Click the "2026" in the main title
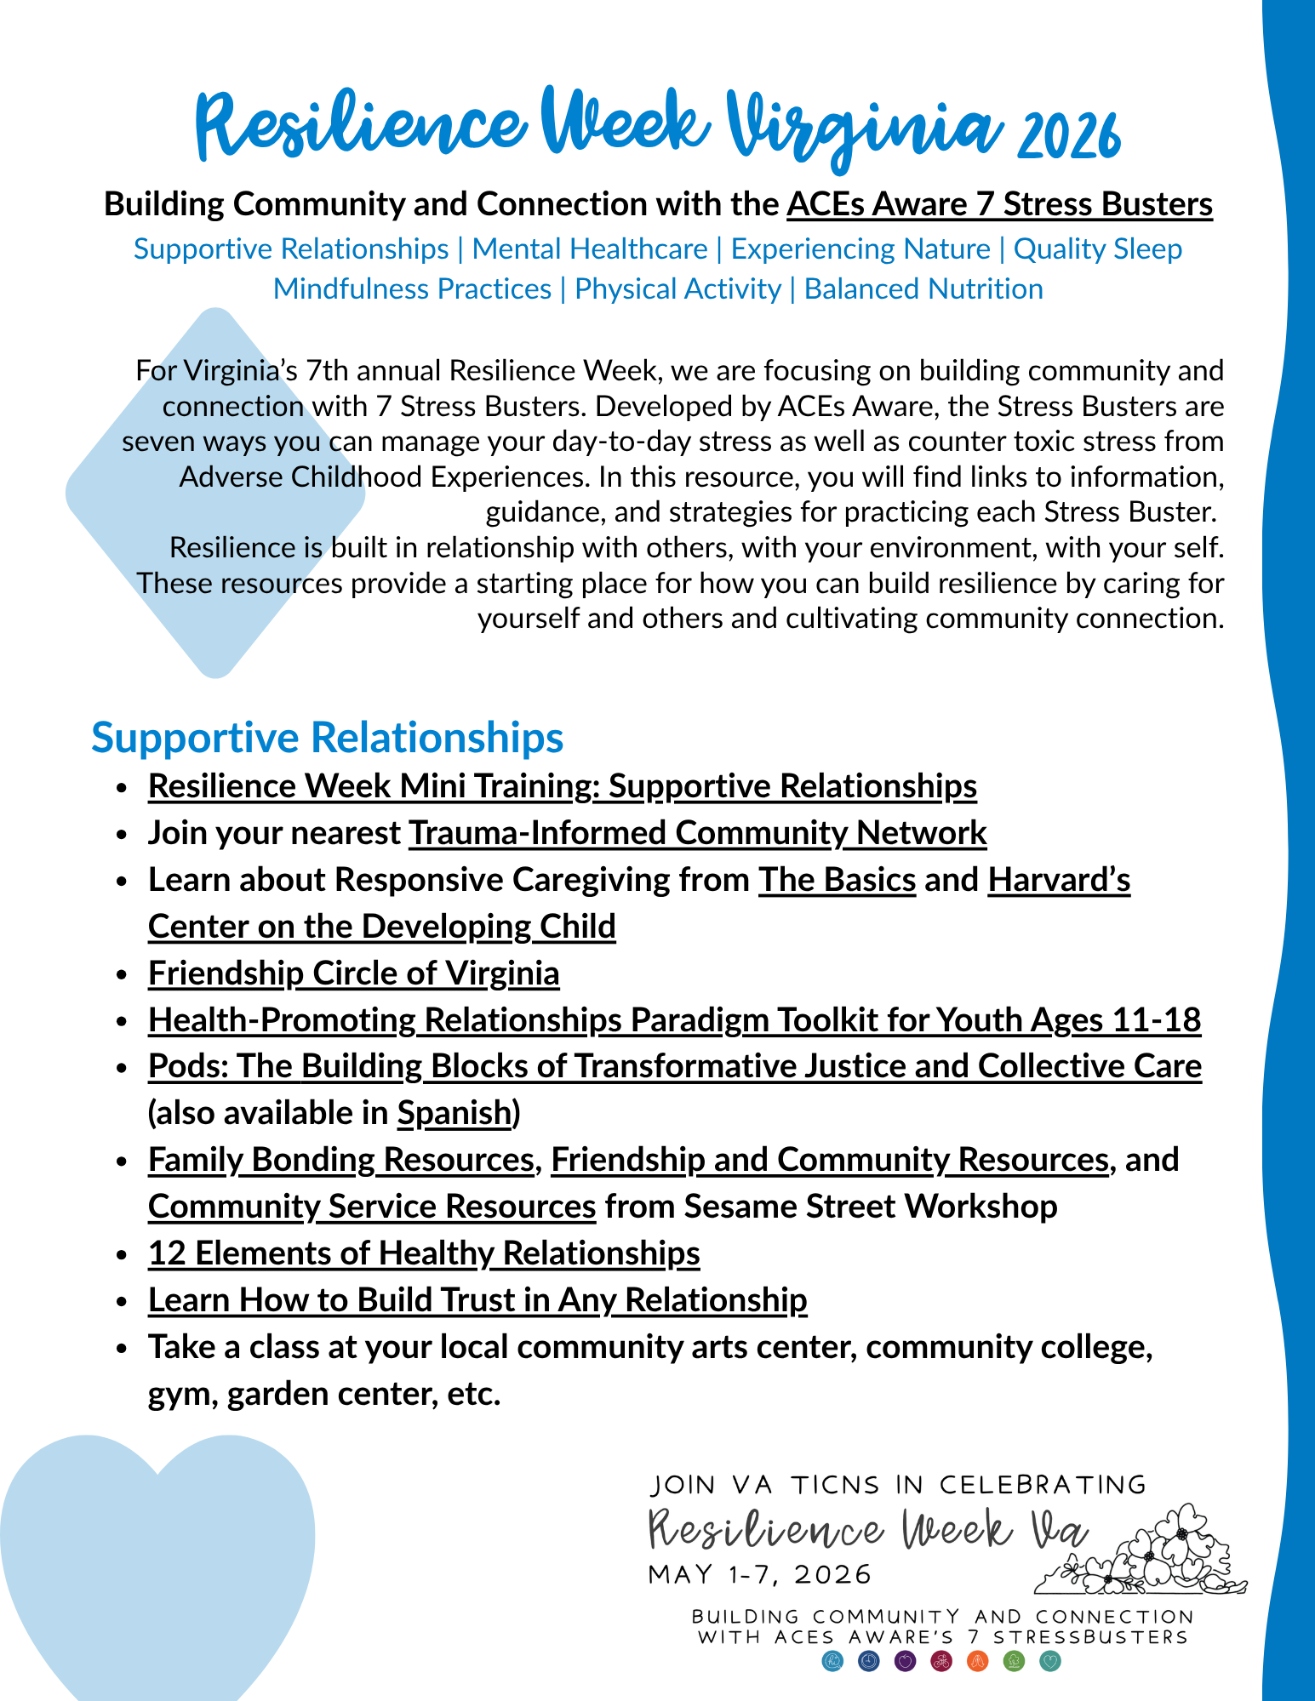coord(1069,136)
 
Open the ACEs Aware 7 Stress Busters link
coord(999,204)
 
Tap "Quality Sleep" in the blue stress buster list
coord(1097,248)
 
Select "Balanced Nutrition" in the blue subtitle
coord(923,289)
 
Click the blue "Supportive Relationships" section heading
coord(327,737)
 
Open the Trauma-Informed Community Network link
coord(697,832)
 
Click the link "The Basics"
coord(837,879)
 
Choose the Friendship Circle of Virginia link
coord(353,973)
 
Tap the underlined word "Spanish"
coord(454,1113)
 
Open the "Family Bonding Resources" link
coord(340,1160)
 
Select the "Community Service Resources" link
coord(371,1207)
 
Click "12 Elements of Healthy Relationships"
coord(423,1253)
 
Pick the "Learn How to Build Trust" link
coord(477,1300)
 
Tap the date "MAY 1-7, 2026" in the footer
coord(760,1574)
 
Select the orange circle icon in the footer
coord(977,1661)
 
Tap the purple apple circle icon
coord(905,1661)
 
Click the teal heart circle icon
coord(1050,1661)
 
